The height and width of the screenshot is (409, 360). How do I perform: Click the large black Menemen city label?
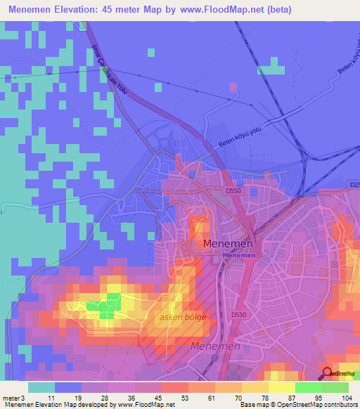pyautogui.click(x=227, y=244)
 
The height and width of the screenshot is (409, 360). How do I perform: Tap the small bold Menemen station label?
pyautogui.click(x=239, y=256)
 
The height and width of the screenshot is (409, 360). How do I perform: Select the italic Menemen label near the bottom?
pyautogui.click(x=215, y=346)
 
